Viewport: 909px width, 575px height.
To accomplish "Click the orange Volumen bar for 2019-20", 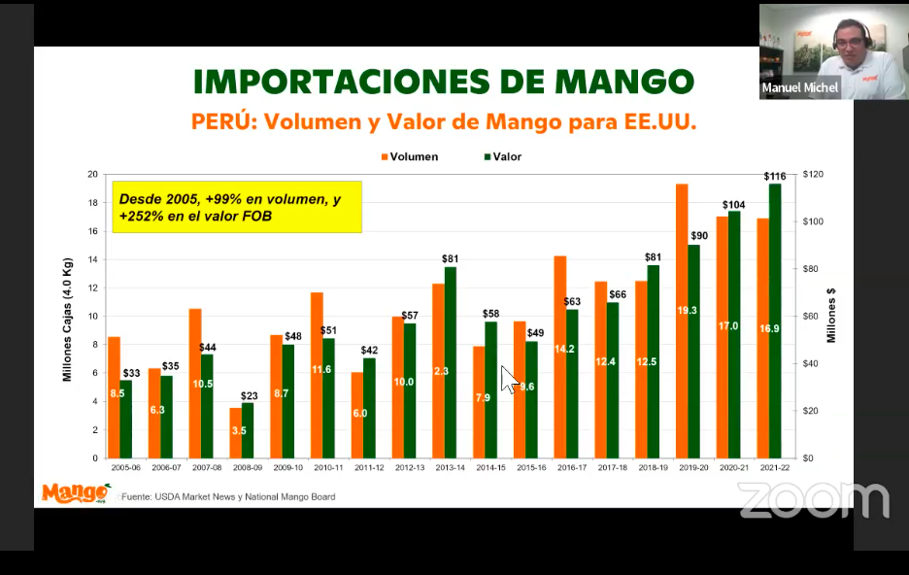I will (682, 321).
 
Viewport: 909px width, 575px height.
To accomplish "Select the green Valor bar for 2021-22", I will (775, 321).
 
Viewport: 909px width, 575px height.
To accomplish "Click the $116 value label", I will (775, 176).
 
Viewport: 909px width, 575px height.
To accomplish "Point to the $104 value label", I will (734, 205).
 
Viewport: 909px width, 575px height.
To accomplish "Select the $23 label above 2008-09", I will (248, 395).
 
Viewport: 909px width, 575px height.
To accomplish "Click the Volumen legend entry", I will (408, 156).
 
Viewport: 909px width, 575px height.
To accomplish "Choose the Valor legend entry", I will (501, 156).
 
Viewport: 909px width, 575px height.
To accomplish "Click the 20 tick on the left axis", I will (92, 175).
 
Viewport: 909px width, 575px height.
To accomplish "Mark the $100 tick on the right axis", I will (813, 221).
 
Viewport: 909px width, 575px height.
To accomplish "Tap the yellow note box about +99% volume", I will (237, 207).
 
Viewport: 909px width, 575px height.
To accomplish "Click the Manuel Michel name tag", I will (799, 87).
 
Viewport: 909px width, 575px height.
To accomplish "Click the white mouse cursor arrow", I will (507, 378).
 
